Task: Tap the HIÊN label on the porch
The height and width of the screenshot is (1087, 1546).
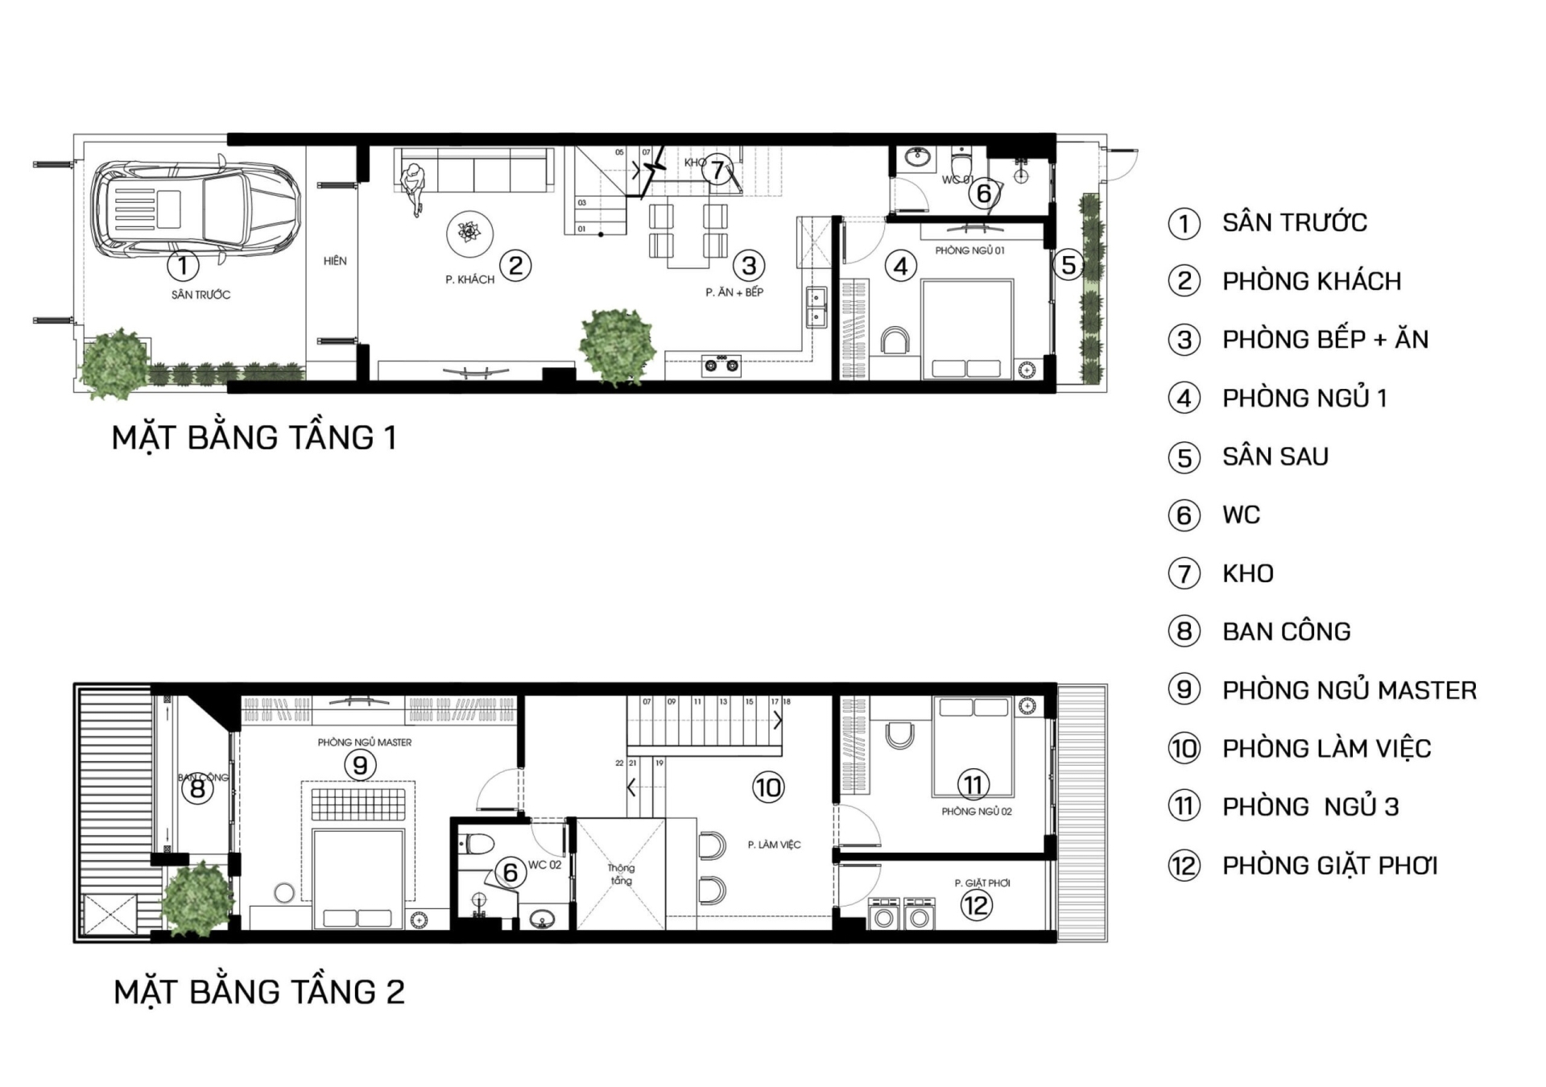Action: point(335,261)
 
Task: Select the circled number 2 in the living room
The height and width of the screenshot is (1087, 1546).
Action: point(515,265)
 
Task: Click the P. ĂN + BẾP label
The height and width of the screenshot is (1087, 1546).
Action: point(734,292)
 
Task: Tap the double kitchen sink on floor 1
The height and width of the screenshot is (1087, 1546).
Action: point(816,307)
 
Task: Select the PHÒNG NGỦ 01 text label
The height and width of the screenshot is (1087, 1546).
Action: point(969,250)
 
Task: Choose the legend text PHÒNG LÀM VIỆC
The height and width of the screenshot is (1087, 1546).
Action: point(1326,749)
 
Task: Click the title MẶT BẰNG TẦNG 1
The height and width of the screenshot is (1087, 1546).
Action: point(254,438)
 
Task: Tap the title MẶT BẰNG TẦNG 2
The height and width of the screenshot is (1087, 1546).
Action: point(258,992)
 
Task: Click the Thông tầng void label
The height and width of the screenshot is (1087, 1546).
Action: point(621,874)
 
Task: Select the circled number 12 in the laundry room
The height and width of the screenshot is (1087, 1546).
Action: point(976,905)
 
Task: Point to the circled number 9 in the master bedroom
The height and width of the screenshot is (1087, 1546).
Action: point(360,765)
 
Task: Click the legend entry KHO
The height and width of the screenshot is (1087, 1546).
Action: point(1247,574)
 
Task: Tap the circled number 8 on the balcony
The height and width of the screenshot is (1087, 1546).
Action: point(197,789)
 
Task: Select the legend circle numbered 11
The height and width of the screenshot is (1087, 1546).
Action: point(1184,807)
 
